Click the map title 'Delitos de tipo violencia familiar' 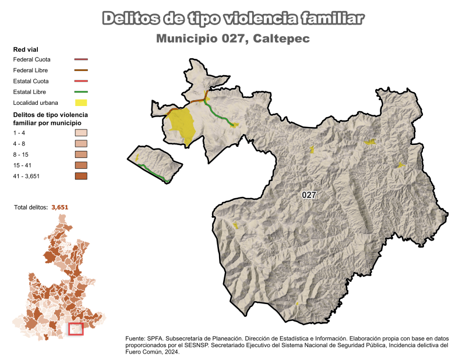(x=233, y=19)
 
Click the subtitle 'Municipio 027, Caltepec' (x=232, y=39)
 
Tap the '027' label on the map (x=309, y=195)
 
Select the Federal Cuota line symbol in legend (x=81, y=59)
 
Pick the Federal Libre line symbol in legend (x=81, y=70)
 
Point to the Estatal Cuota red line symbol (x=81, y=81)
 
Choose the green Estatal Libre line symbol (x=81, y=92)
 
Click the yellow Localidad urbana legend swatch (x=81, y=103)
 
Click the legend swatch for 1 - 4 (x=81, y=133)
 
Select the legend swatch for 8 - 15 (x=81, y=154)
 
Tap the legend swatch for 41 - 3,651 (x=81, y=176)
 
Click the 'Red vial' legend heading (x=26, y=49)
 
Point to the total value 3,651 (x=60, y=207)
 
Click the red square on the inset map (x=76, y=329)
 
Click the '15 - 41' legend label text (x=23, y=165)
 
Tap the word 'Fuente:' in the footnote (x=135, y=338)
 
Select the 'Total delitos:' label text (x=31, y=207)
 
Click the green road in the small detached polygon (x=154, y=172)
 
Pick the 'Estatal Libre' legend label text (x=29, y=92)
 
